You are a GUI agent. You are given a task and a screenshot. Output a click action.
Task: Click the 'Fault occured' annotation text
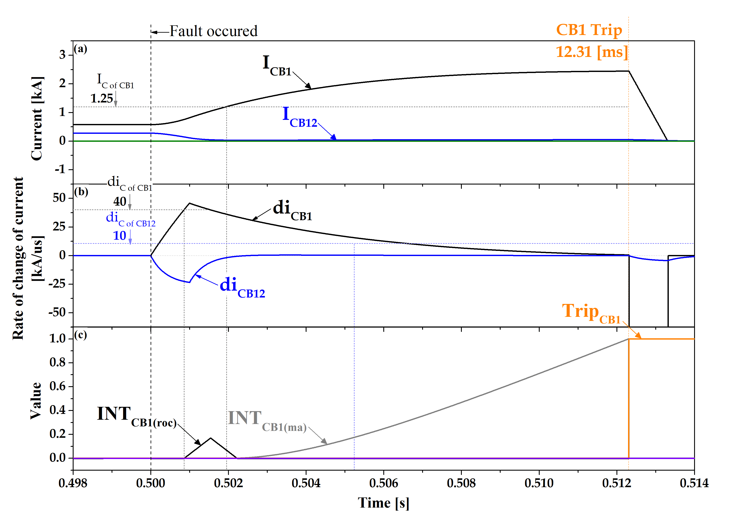pyautogui.click(x=213, y=31)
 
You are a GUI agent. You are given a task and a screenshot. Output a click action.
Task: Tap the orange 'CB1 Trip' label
pyautogui.click(x=589, y=30)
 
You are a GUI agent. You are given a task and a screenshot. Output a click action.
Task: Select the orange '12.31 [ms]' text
pyautogui.click(x=592, y=52)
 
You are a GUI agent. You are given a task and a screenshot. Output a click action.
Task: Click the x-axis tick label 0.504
pyautogui.click(x=306, y=483)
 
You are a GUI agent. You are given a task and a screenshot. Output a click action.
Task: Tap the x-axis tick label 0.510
pyautogui.click(x=539, y=483)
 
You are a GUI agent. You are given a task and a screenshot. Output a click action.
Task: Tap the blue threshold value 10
pyautogui.click(x=120, y=236)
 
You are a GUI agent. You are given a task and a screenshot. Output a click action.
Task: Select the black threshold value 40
pyautogui.click(x=120, y=201)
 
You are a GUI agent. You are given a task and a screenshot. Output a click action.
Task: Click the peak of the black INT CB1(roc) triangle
pyautogui.click(x=210, y=438)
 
